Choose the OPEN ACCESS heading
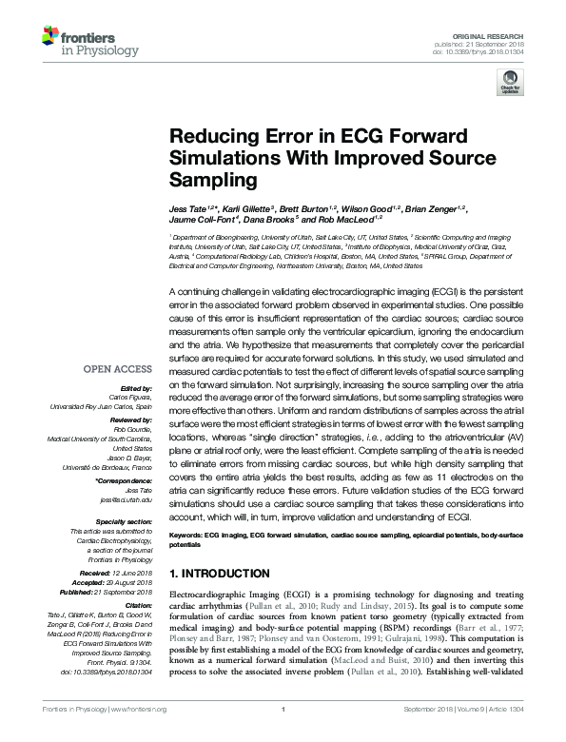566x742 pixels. pyautogui.click(x=117, y=342)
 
